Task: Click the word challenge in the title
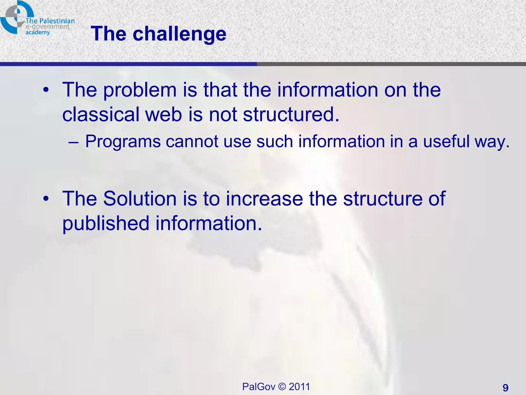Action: point(179,34)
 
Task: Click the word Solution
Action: point(140,199)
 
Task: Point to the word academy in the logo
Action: point(37,32)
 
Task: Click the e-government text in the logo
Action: point(47,27)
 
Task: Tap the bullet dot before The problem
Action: point(46,90)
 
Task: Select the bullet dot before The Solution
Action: point(46,199)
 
